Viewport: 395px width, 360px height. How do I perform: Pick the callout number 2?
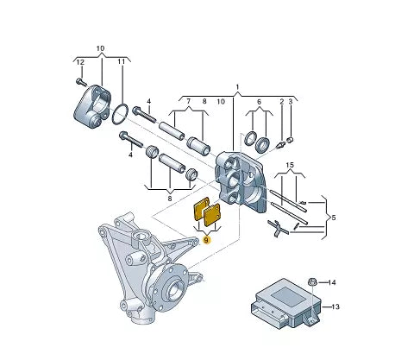[x=281, y=102]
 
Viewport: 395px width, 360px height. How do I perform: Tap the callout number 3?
[x=292, y=102]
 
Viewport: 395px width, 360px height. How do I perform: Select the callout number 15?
[x=291, y=165]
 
